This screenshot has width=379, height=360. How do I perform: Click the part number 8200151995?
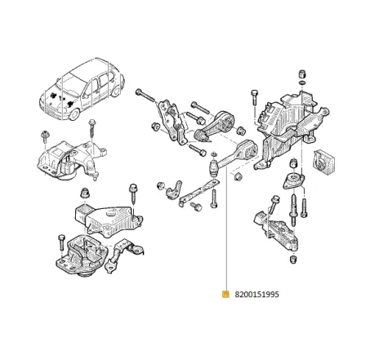tap(256, 295)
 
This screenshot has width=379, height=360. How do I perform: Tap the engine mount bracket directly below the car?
tap(69, 159)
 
